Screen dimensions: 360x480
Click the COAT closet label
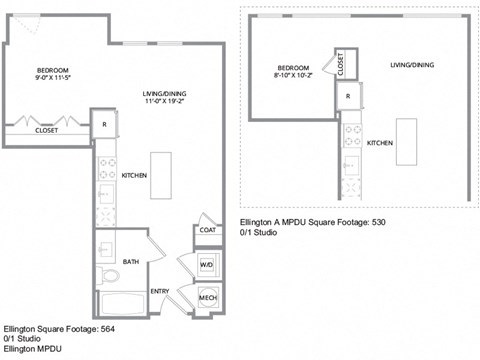207,229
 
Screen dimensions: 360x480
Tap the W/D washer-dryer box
207,264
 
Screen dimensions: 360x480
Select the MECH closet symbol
207,298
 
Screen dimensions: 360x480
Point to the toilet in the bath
111,274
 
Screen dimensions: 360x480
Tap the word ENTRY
160,291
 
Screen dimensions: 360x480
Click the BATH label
131,262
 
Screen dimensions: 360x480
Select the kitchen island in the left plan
161,177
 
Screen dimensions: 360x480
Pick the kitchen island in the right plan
406,141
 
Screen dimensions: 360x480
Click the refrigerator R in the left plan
104,124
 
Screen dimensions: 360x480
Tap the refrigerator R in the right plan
347,96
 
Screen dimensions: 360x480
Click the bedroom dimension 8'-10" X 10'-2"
295,74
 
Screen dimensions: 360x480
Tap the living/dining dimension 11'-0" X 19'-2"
164,101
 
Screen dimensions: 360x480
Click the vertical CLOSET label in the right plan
340,63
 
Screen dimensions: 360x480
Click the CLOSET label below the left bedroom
46,130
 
